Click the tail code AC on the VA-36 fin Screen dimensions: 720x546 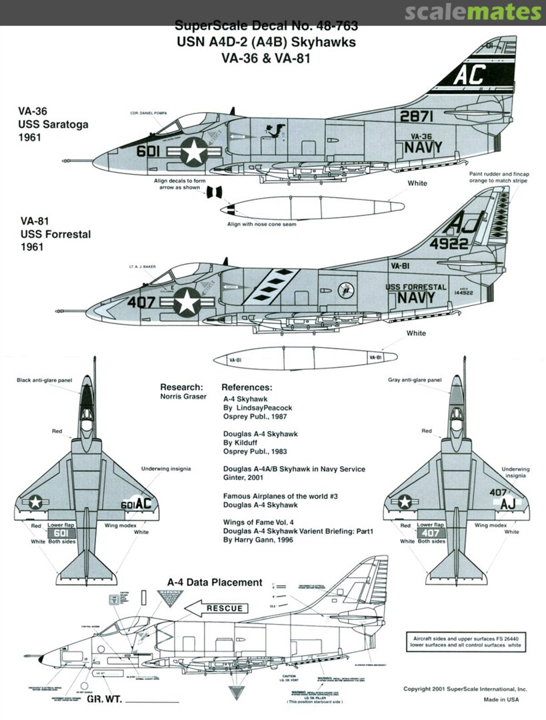pyautogui.click(x=469, y=76)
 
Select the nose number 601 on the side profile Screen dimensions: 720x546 pyautogui.click(x=148, y=151)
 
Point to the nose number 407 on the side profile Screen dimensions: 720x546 pyautogui.click(x=141, y=301)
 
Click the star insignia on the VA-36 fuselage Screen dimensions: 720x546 pyautogui.click(x=194, y=152)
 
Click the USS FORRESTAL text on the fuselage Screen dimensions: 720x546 pyautogui.click(x=416, y=287)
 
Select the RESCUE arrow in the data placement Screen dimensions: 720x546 pyautogui.click(x=214, y=608)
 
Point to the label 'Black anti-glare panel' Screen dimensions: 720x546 pyautogui.click(x=43, y=380)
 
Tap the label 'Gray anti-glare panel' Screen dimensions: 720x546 pyautogui.click(x=415, y=380)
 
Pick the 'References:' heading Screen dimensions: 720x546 pyautogui.click(x=247, y=387)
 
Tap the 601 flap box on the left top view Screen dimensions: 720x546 pyautogui.click(x=62, y=533)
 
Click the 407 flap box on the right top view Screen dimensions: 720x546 pyautogui.click(x=431, y=533)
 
